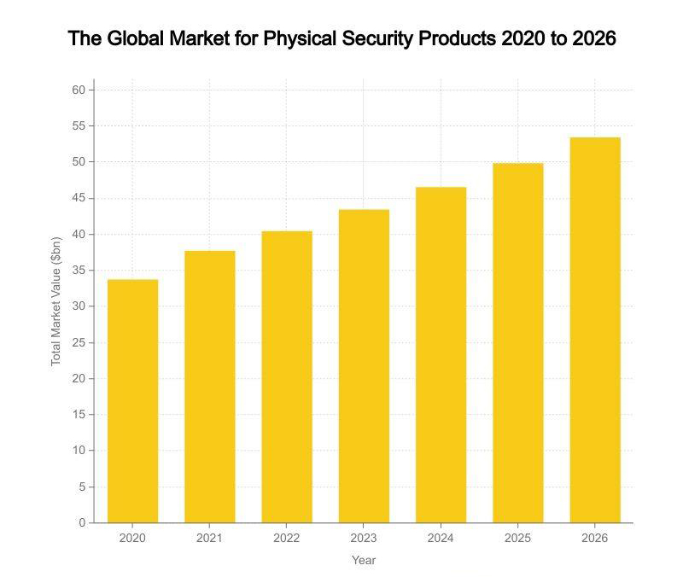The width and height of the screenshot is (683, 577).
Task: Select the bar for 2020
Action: [132, 401]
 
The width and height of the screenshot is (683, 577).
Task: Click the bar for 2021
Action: [209, 387]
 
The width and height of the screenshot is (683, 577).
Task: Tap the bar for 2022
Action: [287, 376]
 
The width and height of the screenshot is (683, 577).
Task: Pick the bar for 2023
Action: [364, 366]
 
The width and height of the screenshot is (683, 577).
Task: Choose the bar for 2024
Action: [441, 354]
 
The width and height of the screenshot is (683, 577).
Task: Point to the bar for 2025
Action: [517, 343]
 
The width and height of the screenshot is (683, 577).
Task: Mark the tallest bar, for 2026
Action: [595, 329]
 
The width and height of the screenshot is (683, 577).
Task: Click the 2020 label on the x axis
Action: [132, 539]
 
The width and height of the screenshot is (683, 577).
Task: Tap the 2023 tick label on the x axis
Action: [364, 539]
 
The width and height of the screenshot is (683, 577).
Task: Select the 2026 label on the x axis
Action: [595, 539]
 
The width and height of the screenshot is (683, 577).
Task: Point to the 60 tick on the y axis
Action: [79, 90]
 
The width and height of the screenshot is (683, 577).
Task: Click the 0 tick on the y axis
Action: [82, 522]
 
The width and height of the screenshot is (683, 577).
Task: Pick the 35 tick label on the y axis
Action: [79, 271]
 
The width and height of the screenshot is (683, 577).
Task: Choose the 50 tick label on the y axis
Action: [79, 162]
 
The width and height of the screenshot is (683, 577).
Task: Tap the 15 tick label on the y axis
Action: [79, 415]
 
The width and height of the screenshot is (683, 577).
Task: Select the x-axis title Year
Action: [364, 561]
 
